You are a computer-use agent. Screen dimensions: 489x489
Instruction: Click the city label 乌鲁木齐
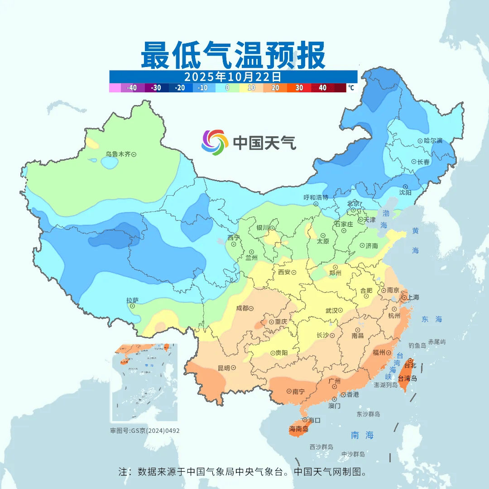point(118,154)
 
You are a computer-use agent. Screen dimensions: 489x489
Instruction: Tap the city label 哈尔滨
point(433,141)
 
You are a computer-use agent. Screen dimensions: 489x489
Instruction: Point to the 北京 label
point(353,203)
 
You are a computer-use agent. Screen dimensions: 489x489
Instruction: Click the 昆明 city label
point(224,368)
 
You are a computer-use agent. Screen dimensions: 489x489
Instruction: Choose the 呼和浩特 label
point(316,197)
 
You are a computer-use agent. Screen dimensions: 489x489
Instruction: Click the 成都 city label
point(242,308)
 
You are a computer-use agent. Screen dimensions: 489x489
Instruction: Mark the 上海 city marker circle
point(404,298)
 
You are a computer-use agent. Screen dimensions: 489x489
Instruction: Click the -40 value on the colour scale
point(132,88)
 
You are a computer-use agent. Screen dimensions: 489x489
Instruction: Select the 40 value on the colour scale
point(323,88)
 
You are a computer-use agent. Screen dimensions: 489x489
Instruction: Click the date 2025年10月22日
point(233,76)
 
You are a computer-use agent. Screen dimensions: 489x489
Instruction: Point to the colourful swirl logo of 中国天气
point(215,143)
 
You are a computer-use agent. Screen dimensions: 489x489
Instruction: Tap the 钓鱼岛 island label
point(417,345)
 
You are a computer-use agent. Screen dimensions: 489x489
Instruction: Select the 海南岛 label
point(299,429)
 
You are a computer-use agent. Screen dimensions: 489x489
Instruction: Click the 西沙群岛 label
point(321,447)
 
